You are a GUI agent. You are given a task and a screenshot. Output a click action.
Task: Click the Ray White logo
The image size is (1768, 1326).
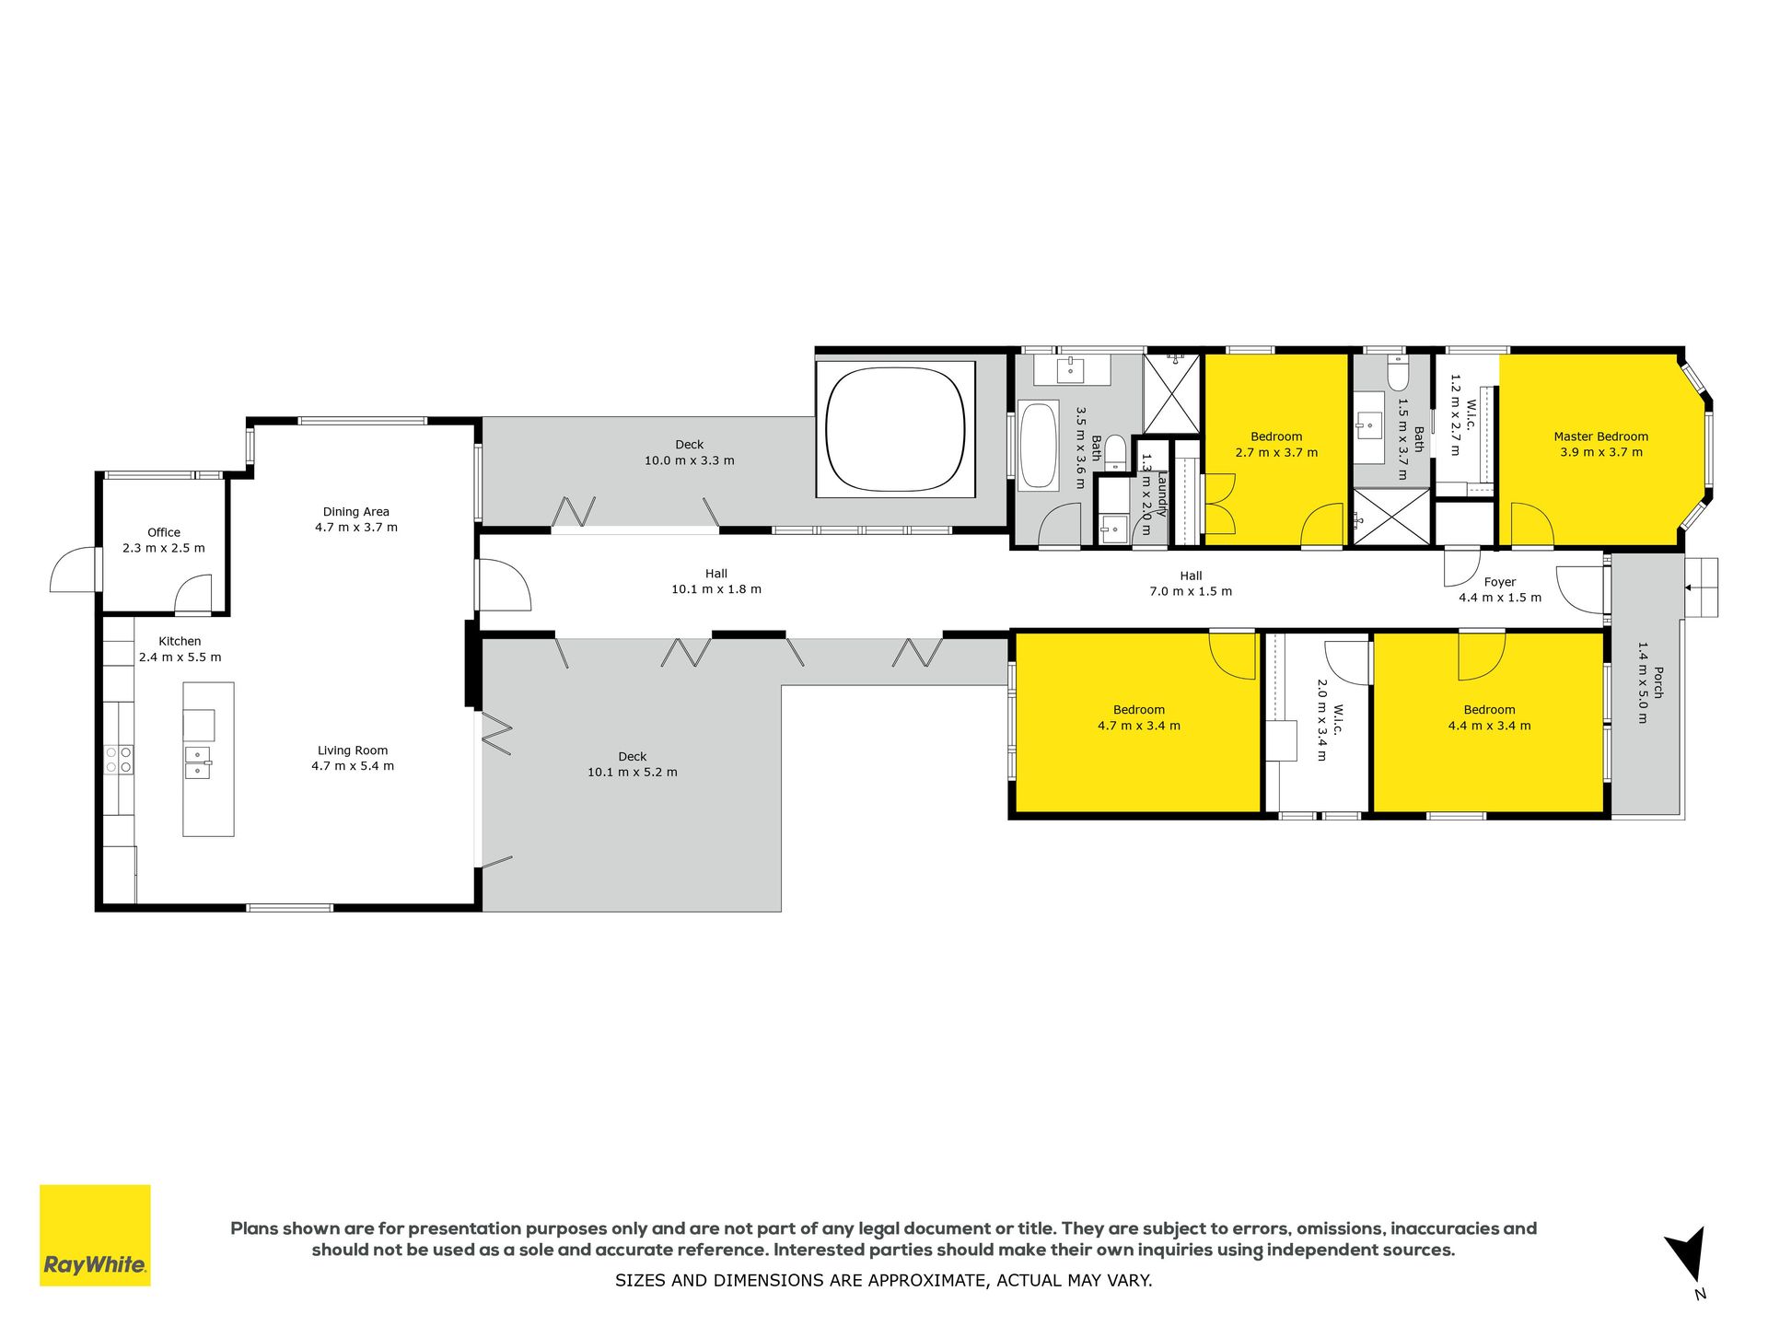[x=95, y=1235]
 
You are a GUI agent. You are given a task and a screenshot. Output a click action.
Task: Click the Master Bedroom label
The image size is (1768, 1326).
[x=1601, y=436]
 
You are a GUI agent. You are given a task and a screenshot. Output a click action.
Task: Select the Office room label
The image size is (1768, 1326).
[x=164, y=532]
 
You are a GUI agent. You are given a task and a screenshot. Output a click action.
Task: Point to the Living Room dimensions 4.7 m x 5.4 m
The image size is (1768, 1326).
[x=353, y=766]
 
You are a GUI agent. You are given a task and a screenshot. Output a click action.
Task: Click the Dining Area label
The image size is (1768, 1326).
[x=356, y=512]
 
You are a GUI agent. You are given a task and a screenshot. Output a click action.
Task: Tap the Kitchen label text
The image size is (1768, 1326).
[x=180, y=641]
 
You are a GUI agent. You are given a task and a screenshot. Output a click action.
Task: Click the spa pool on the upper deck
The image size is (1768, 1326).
[x=895, y=429]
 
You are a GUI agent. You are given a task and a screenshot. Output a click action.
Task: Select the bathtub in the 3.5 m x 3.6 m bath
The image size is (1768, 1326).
[x=1039, y=445]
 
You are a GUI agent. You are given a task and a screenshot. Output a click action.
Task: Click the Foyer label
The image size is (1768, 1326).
[x=1500, y=582]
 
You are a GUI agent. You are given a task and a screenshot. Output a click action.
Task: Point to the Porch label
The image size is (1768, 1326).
[x=1658, y=682]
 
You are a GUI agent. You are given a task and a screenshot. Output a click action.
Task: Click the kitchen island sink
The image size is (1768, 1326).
[x=198, y=762]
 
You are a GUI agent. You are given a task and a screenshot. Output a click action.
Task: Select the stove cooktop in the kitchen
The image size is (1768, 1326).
[x=119, y=760]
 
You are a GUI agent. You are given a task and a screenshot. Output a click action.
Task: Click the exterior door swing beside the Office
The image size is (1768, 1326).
[x=74, y=571]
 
